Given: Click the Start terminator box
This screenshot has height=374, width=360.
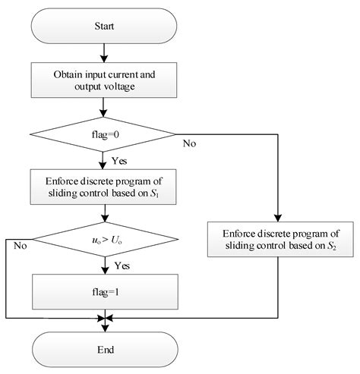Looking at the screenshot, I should tap(104, 27).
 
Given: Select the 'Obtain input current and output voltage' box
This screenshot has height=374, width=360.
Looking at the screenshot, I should tap(104, 81).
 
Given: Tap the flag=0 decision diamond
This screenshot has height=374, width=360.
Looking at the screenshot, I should tap(104, 137).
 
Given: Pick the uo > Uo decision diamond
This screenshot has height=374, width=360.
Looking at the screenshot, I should tap(104, 244).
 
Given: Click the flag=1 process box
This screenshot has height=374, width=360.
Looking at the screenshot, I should tap(104, 288).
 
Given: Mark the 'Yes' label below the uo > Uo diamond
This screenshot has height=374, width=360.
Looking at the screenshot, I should tap(121, 266).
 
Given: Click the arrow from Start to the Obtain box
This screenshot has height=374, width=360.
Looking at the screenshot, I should tap(104, 53).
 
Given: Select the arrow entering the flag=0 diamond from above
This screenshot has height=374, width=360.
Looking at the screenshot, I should tap(104, 108).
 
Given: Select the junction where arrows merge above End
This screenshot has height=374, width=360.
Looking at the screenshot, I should tap(104, 317).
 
